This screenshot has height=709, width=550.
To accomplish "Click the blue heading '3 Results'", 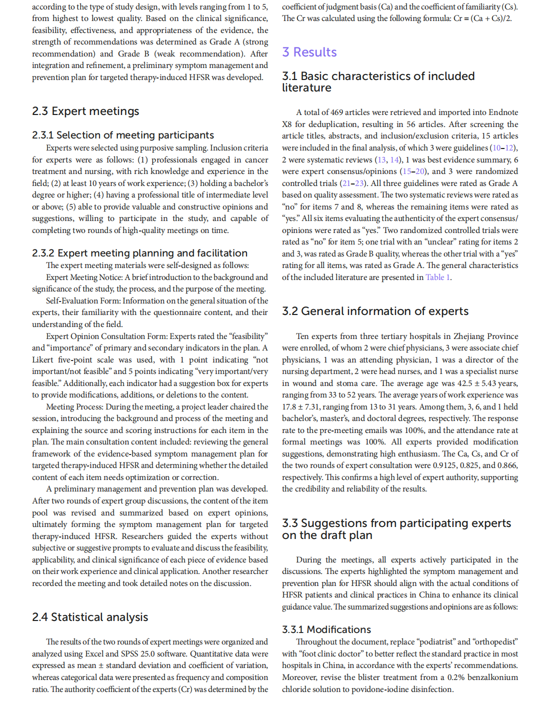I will (309, 52).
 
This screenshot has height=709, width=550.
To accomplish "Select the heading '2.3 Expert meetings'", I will (85, 111).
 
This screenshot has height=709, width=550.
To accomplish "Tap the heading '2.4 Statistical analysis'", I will (90, 617).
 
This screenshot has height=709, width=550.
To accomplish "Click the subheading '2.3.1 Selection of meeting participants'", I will (123, 135).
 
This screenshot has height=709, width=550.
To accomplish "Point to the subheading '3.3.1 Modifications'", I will (326, 630).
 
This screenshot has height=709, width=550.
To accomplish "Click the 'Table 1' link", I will (437, 277).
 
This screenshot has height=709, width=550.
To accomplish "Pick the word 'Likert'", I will (42, 360).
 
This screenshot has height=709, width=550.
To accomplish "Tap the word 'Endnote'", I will (501, 112).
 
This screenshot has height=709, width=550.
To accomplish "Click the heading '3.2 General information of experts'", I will (375, 311).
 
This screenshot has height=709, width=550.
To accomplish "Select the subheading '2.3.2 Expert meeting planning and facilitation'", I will (139, 253).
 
